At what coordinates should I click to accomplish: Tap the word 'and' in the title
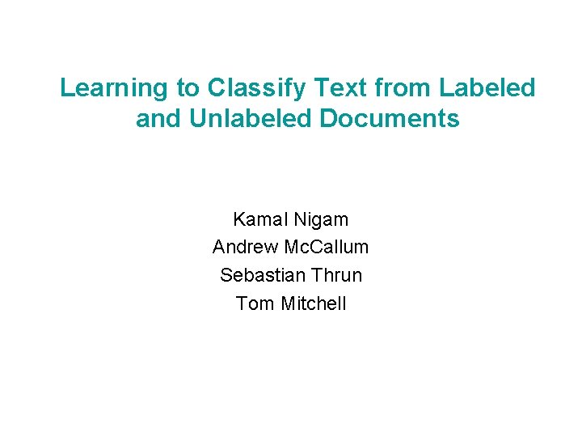click(158, 119)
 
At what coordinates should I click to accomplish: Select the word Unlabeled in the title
click(251, 119)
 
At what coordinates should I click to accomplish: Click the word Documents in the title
click(390, 119)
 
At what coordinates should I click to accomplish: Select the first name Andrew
click(245, 247)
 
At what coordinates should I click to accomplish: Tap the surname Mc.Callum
click(327, 247)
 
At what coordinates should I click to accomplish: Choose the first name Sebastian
click(258, 275)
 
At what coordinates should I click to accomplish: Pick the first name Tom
click(255, 303)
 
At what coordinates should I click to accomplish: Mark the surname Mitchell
click(313, 303)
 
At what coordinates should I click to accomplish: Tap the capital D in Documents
click(329, 119)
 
